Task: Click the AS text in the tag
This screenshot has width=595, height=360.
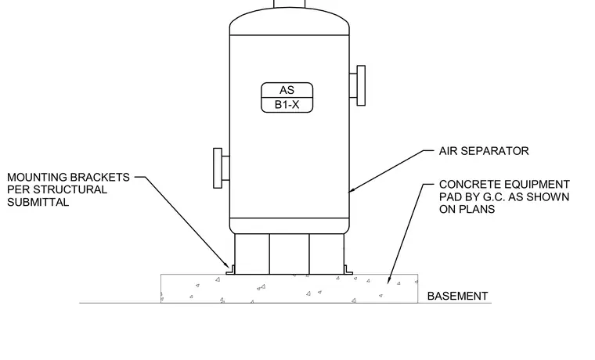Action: [x=287, y=90]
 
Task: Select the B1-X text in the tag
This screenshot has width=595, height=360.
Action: [x=287, y=105]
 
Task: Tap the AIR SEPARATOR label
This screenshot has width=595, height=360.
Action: [x=484, y=151]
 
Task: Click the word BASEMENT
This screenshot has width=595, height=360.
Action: [x=458, y=296]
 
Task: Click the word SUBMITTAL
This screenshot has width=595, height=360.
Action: [x=38, y=202]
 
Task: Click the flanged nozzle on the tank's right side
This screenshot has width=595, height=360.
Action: [x=358, y=85]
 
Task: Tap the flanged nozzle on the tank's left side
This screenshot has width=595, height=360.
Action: [x=222, y=168]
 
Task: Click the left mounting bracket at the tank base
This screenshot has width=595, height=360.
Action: [x=231, y=270]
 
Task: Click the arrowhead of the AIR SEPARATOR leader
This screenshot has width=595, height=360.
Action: [x=351, y=191]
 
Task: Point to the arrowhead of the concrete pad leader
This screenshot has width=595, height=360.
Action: [x=388, y=280]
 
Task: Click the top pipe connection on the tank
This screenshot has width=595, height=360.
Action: [x=289, y=4]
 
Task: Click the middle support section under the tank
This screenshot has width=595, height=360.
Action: [x=289, y=254]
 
